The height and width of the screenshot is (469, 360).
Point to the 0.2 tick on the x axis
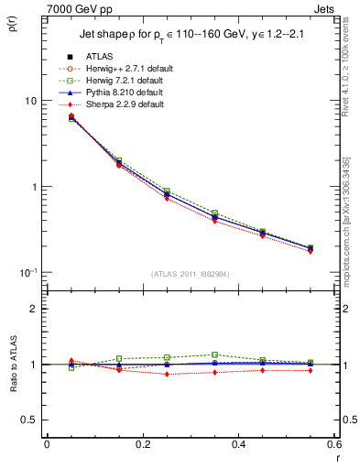coord(142,444)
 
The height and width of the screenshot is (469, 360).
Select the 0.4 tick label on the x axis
coord(237,444)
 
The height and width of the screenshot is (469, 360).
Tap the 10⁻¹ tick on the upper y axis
coord(27,272)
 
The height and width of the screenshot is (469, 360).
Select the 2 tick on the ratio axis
coord(32,309)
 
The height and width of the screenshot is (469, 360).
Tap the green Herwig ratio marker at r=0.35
coord(214,354)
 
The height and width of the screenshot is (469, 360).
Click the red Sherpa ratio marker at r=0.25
coord(167,374)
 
